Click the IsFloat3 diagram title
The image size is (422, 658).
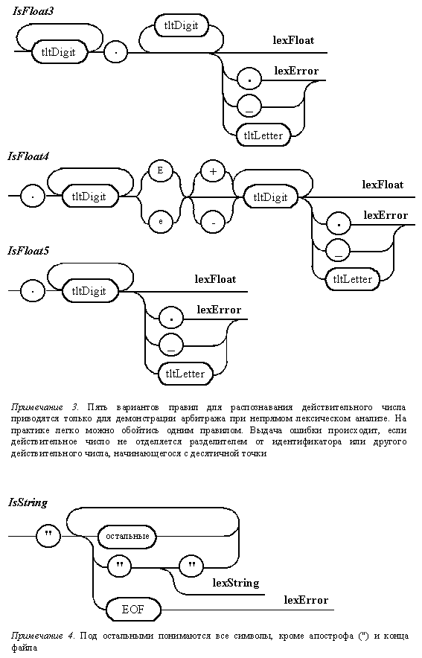pos(33,11)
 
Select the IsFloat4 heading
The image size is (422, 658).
pos(28,156)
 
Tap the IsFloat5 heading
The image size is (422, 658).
pos(28,251)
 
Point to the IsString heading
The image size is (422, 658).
pos(28,502)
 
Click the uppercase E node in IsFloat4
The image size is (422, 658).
pos(160,172)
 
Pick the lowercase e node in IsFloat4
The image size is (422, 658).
pos(160,220)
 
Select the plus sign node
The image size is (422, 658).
pos(213,172)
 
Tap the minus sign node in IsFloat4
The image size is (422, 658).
pos(213,221)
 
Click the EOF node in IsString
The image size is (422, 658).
pos(133,610)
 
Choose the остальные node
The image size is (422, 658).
pos(127,537)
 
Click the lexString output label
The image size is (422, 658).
pos(236,583)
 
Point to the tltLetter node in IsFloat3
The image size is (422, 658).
pos(263,135)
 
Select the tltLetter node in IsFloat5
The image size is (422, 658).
pos(185,374)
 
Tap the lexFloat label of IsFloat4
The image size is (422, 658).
pos(383,185)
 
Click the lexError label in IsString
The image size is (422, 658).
pos(306,600)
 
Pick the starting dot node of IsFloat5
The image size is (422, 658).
pos(32,291)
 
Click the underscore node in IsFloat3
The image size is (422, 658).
pos(249,106)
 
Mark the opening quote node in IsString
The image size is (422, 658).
pos(48,536)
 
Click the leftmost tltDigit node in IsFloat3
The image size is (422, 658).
pos(58,52)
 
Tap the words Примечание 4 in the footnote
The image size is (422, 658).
pos(43,636)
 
